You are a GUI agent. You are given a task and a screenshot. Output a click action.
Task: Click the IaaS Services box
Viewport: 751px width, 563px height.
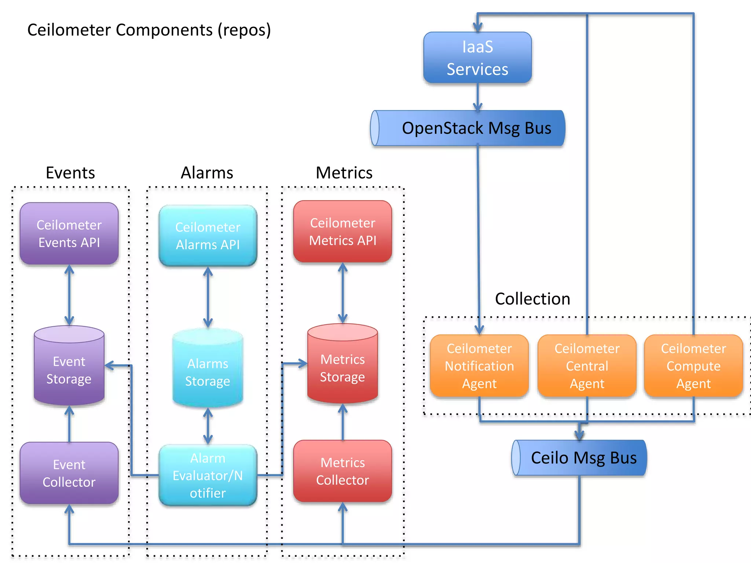(x=477, y=58)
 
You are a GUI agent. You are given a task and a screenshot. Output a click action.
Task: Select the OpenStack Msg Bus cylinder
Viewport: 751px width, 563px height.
(x=468, y=128)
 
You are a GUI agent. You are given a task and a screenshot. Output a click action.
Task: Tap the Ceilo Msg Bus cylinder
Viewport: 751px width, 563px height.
(x=579, y=458)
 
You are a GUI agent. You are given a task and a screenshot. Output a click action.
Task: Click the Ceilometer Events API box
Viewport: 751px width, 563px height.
(x=69, y=233)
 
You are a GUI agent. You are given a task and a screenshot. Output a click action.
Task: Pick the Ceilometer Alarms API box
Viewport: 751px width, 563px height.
(x=208, y=236)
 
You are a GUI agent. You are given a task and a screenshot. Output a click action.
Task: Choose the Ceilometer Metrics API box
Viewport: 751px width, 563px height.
(x=342, y=231)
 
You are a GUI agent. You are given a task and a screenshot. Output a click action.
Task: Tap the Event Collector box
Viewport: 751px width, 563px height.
(x=69, y=473)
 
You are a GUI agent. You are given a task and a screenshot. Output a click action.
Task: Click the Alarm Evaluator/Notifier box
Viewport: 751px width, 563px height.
(x=208, y=475)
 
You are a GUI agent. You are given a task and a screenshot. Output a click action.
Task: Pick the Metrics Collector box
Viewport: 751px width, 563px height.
(x=342, y=471)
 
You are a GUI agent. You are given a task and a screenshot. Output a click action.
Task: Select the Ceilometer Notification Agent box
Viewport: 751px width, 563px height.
(x=479, y=366)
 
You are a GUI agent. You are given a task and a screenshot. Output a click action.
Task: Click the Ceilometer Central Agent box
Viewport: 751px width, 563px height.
(x=587, y=366)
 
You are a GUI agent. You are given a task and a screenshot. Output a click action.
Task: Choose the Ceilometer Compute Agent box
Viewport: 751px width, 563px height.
(x=693, y=366)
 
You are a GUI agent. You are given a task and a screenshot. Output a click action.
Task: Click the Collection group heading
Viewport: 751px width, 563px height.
(x=532, y=299)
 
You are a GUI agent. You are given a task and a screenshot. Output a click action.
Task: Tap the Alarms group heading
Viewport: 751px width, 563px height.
(x=207, y=173)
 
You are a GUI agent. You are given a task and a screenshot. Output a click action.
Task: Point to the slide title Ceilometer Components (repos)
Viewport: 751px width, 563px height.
(x=149, y=30)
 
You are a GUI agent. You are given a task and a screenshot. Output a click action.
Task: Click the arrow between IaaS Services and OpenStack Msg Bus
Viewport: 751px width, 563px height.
(x=477, y=97)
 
